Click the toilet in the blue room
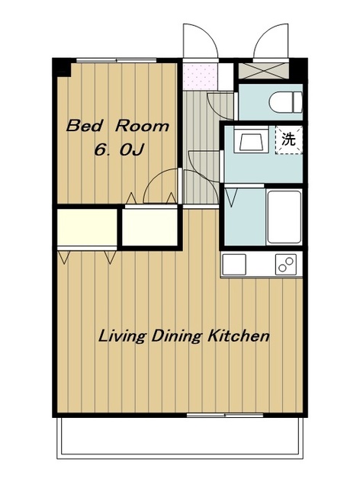pyautogui.click(x=286, y=101)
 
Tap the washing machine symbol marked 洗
pyautogui.click(x=288, y=140)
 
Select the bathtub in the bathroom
pyautogui.click(x=284, y=217)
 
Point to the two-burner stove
pyautogui.click(x=286, y=265)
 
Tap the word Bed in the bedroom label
pyautogui.click(x=84, y=126)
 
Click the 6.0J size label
pyautogui.click(x=118, y=151)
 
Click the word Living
pyautogui.click(x=122, y=337)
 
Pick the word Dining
pyautogui.click(x=177, y=337)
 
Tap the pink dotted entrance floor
pyautogui.click(x=200, y=75)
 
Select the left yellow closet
pyautogui.click(x=87, y=227)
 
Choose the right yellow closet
pyautogui.click(x=149, y=227)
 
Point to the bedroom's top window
pyautogui.click(x=117, y=60)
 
